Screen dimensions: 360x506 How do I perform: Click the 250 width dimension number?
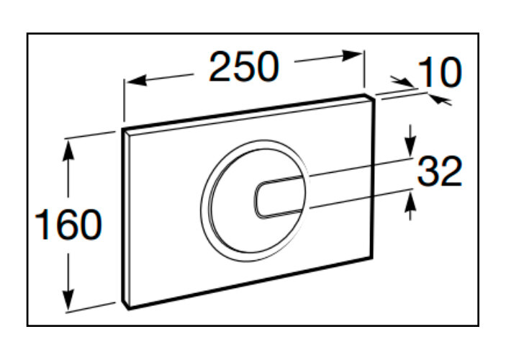tap(243, 68)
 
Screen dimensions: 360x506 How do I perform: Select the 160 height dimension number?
tap(69, 225)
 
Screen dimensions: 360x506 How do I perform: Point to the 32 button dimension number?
tap(440, 172)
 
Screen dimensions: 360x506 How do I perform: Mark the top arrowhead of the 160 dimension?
tap(68, 145)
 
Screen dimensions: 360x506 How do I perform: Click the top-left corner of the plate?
tap(123, 132)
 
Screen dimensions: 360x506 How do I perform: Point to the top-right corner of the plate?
tap(374, 95)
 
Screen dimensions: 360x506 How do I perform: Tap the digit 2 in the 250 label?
tap(221, 68)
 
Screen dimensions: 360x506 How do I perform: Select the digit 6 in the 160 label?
tap(69, 225)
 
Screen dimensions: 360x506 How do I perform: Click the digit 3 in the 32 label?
tap(428, 172)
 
